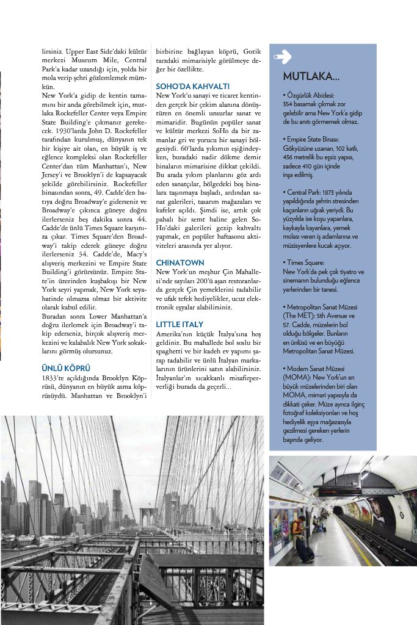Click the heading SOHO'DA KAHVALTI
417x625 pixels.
(x=192, y=86)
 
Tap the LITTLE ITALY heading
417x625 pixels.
(x=180, y=323)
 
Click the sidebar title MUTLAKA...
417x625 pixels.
(x=311, y=77)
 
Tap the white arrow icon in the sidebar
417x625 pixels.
(x=283, y=57)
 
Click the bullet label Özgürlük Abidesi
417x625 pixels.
(x=310, y=96)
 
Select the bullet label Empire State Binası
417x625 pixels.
(x=313, y=140)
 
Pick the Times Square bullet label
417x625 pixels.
(x=306, y=262)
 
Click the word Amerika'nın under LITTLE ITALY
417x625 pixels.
(x=172, y=335)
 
